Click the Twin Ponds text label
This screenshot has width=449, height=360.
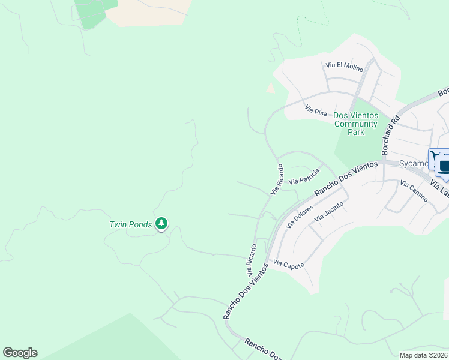(x=130, y=225)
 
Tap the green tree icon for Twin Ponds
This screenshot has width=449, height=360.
(x=161, y=224)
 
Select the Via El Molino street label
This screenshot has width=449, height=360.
(x=345, y=67)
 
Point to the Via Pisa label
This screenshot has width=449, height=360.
(x=316, y=111)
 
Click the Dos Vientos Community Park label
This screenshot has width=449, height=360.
(x=355, y=124)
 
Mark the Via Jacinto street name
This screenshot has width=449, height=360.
(x=328, y=212)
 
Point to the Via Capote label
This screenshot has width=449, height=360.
(x=288, y=264)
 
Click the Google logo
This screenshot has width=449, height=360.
(x=20, y=353)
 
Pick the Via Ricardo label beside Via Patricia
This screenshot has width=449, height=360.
(x=276, y=179)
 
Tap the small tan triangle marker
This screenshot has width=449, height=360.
(x=270, y=88)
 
